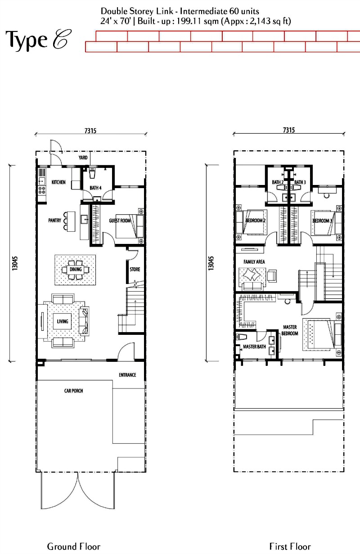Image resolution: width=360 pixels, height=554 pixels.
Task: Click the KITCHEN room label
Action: (x=58, y=182)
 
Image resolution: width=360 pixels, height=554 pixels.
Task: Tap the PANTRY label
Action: (x=54, y=220)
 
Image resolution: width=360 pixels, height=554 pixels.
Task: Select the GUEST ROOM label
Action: (x=120, y=221)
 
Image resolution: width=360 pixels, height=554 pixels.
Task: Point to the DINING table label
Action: (x=76, y=269)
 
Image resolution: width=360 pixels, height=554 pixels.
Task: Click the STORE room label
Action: (x=135, y=269)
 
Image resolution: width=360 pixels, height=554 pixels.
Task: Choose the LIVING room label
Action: (x=62, y=321)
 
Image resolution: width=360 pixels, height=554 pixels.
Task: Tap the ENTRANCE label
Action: (x=128, y=375)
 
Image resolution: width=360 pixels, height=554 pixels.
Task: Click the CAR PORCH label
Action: (x=74, y=391)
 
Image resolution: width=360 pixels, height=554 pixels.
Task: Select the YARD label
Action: (x=83, y=158)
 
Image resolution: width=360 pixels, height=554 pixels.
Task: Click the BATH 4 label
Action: (x=95, y=188)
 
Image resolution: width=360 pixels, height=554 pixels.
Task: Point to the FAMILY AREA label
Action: (x=254, y=261)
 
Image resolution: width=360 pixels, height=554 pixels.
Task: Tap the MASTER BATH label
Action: (x=254, y=347)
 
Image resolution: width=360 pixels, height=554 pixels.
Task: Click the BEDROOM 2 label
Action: (x=256, y=221)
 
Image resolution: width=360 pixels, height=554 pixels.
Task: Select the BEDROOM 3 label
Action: (x=322, y=221)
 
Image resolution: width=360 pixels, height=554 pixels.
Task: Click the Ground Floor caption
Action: (x=74, y=546)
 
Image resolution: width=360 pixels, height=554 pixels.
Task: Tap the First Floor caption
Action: (x=290, y=546)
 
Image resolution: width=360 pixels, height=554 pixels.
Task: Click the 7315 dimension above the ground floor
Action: (x=90, y=131)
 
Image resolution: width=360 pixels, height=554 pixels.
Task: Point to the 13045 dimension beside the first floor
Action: (x=211, y=263)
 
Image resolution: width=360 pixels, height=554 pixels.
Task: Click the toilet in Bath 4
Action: (x=92, y=173)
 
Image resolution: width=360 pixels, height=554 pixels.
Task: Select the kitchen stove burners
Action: (x=42, y=190)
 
